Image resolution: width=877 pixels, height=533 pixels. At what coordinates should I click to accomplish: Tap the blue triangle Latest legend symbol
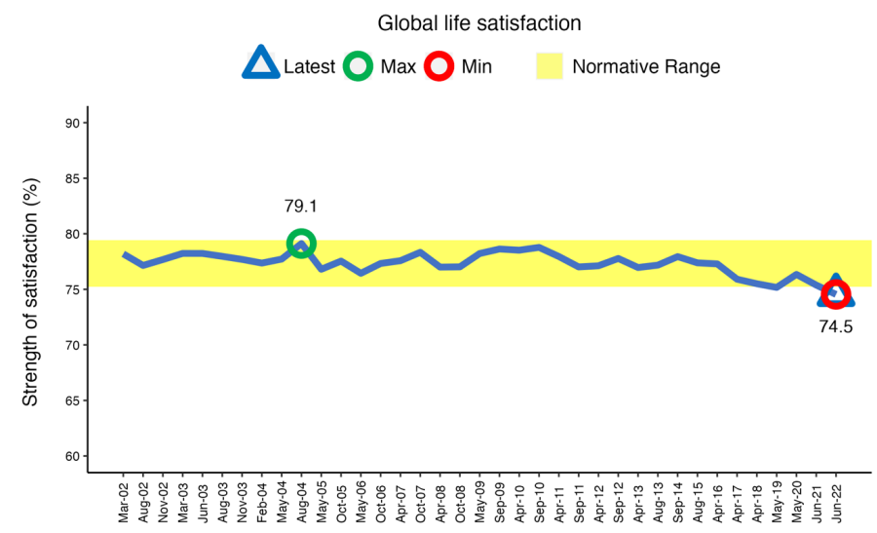[x=261, y=66]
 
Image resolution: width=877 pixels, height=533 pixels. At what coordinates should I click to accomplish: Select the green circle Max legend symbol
[x=359, y=66]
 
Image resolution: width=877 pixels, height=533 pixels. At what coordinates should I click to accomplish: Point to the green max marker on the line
[x=301, y=243]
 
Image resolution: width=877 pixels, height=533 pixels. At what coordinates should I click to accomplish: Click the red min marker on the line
[x=835, y=293]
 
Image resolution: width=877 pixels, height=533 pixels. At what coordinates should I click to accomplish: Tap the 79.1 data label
[x=301, y=207]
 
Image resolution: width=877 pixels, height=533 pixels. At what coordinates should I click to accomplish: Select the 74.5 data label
[x=835, y=327]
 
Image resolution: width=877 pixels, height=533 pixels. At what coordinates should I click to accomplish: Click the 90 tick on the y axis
[x=72, y=123]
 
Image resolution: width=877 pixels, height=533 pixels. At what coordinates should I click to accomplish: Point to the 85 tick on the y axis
[x=72, y=178]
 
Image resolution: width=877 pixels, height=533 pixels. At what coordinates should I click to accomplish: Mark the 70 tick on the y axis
[x=72, y=345]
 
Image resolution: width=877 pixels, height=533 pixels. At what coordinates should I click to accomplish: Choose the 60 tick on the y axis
[x=72, y=456]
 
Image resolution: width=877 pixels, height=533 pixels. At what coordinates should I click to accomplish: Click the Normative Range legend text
[x=646, y=67]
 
